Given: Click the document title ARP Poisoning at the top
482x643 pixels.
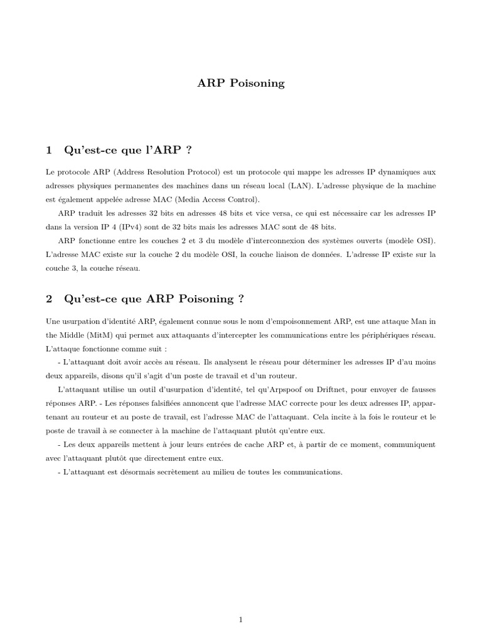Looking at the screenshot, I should click(x=241, y=84).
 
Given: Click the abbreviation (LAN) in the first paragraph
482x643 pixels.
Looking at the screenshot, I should click(x=302, y=186).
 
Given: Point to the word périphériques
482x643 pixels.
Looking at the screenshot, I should click(x=388, y=335).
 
